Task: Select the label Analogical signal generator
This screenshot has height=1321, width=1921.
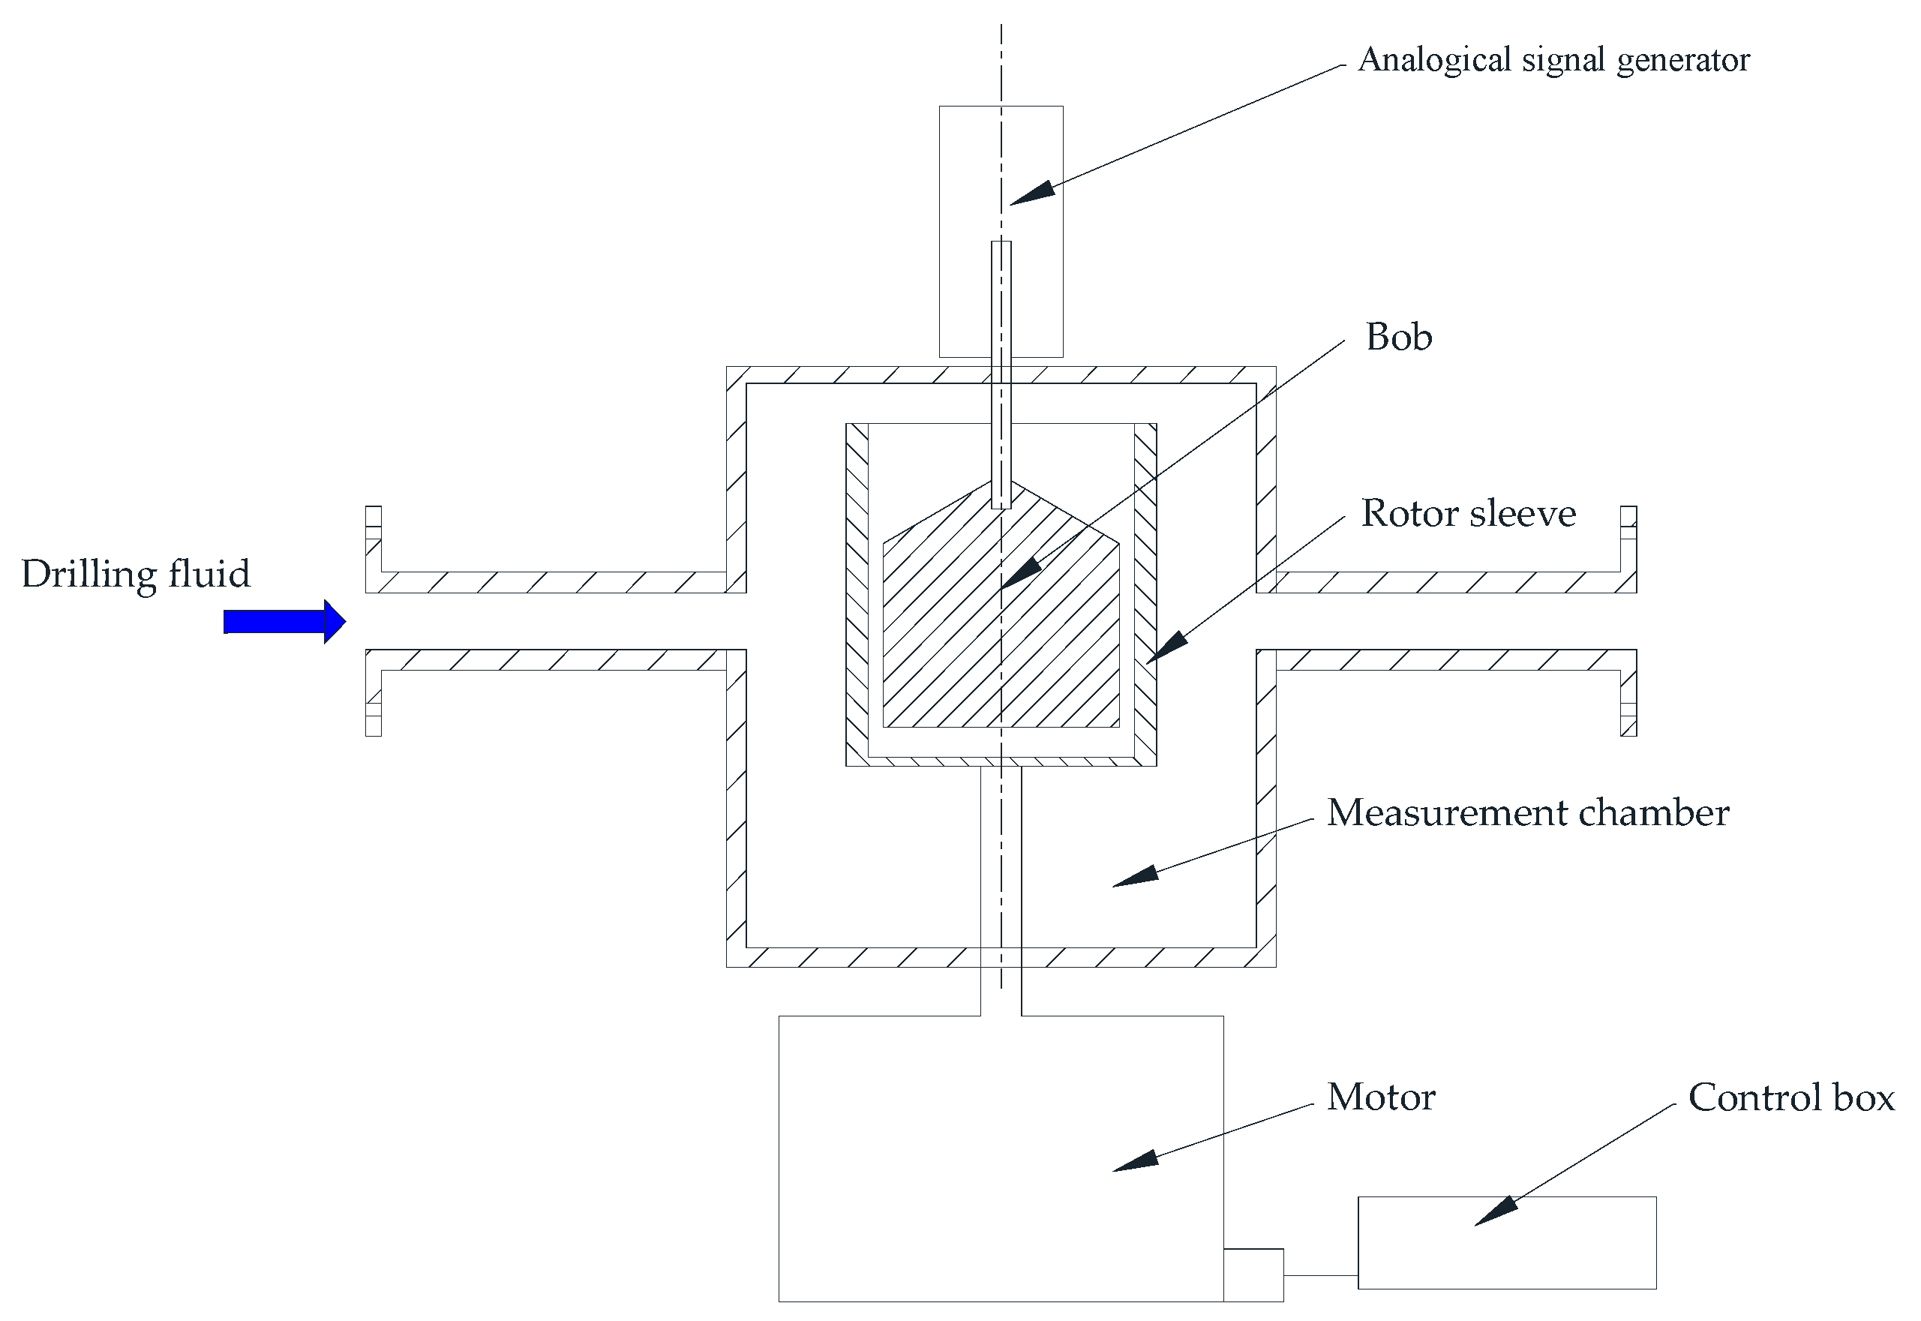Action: pos(1553,59)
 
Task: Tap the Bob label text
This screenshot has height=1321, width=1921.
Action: pos(1399,337)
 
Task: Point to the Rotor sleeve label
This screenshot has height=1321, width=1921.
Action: pos(1468,513)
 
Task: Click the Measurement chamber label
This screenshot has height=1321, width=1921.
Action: pos(1528,813)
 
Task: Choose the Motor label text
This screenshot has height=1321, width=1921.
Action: pos(1380,1097)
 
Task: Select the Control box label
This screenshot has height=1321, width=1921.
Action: pos(1791,1097)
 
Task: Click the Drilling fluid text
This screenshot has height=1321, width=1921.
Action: pos(136,575)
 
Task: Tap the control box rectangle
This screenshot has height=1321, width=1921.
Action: pos(1506,1241)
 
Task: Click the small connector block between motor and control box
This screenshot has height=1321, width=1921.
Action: pos(1253,1274)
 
